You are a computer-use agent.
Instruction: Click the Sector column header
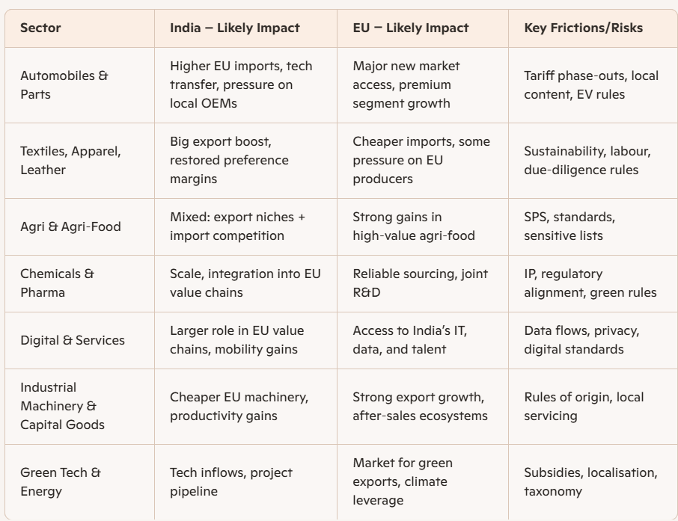[x=40, y=28]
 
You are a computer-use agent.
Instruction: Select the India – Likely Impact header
[x=234, y=28]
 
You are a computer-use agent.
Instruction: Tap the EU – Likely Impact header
[x=411, y=28]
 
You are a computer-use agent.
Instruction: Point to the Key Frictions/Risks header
[x=583, y=28]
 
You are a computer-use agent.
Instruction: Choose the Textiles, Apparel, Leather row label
[x=70, y=160]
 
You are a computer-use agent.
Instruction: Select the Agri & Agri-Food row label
[x=70, y=226]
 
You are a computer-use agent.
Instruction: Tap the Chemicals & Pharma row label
[x=57, y=283]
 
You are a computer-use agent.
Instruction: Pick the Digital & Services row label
[x=73, y=340]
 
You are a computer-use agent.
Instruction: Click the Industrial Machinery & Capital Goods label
[x=62, y=406]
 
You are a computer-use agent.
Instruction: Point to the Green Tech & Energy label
[x=61, y=481]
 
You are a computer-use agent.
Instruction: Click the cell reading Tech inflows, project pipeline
[x=231, y=481]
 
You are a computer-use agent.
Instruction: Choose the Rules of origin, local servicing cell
[x=584, y=406]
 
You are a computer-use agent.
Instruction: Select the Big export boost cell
[x=229, y=160]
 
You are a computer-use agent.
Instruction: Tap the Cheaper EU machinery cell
[x=239, y=406]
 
